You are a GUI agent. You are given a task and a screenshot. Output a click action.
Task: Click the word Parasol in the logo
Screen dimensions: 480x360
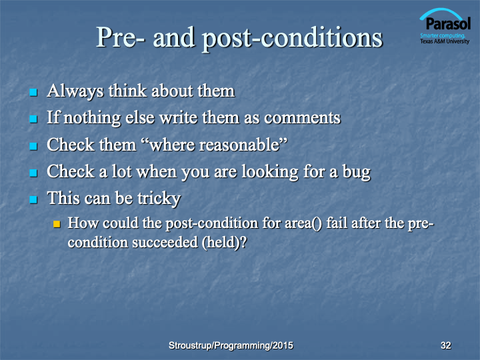point(448,23)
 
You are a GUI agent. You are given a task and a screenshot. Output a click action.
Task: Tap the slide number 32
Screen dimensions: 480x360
point(446,345)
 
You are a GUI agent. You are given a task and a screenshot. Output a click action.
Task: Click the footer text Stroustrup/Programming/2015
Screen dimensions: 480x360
point(231,345)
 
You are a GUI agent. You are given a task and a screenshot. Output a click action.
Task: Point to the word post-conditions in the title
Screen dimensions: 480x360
point(293,38)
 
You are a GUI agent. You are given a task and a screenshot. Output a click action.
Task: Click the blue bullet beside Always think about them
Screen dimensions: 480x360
point(33,92)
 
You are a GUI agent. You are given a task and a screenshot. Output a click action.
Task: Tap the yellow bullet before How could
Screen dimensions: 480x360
point(57,224)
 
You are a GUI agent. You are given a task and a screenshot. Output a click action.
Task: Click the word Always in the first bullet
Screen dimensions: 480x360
point(75,91)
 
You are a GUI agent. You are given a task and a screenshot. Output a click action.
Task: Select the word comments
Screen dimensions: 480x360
point(302,118)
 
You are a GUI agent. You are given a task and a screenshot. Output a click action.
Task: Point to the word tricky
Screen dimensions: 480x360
point(159,199)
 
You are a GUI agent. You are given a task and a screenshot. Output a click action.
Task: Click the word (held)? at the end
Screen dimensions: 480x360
point(224,243)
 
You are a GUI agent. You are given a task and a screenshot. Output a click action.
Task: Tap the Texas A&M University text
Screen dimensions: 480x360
point(445,41)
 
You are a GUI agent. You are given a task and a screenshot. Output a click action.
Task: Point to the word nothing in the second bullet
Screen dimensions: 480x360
point(93,118)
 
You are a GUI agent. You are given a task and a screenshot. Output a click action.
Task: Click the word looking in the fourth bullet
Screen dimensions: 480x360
point(270,172)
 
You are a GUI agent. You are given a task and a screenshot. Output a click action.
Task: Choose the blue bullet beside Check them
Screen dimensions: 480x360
point(33,146)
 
